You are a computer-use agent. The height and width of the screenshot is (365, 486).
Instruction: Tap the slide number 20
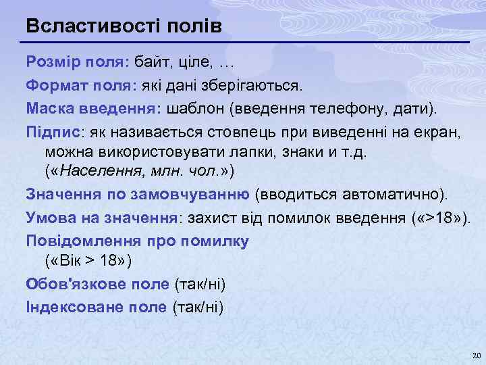click(474, 355)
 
